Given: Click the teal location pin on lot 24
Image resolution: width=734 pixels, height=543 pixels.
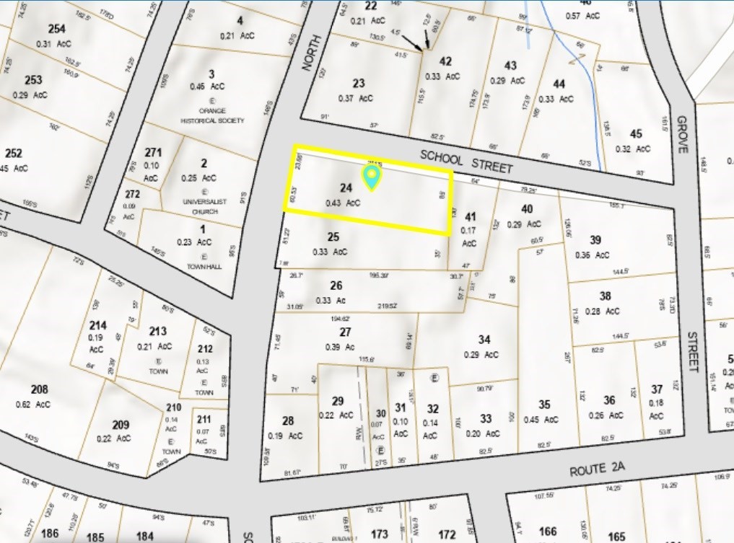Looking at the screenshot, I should click(x=371, y=177).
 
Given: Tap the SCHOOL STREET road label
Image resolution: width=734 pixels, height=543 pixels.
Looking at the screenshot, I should click(x=466, y=162).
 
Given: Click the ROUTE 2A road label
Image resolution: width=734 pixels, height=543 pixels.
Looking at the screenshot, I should click(x=596, y=470).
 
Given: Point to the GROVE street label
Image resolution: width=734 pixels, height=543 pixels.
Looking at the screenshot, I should click(x=683, y=134).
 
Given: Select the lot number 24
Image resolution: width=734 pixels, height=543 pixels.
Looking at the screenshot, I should click(x=346, y=188).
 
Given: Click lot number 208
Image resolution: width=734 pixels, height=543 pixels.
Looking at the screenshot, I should click(x=40, y=390).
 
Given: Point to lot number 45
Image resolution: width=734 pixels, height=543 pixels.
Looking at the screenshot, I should click(x=636, y=133).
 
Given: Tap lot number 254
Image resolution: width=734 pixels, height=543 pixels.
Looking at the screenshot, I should click(x=56, y=29).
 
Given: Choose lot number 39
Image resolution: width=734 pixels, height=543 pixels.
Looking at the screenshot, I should click(x=595, y=240).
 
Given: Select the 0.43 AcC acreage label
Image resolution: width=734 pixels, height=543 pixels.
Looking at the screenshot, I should click(x=343, y=203).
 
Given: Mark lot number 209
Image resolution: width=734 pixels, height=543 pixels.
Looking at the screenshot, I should click(x=121, y=425).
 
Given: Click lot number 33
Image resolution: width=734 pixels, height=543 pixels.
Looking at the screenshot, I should click(x=486, y=418).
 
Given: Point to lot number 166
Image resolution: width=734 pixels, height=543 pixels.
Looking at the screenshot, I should click(x=548, y=532).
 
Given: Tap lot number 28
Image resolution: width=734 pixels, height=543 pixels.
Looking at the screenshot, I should click(x=288, y=421).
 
